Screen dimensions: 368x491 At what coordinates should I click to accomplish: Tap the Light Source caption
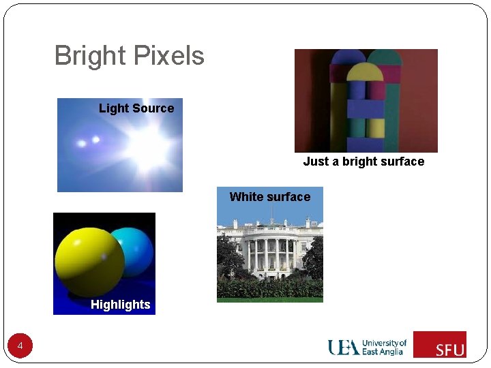click(136, 108)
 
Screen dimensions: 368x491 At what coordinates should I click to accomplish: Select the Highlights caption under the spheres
click(120, 305)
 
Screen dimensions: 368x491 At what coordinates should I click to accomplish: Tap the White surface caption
click(269, 197)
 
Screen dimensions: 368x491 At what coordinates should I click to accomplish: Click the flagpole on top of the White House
click(270, 213)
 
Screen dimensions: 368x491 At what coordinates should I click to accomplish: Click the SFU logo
click(440, 344)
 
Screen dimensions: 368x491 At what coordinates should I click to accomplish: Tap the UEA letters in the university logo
click(344, 348)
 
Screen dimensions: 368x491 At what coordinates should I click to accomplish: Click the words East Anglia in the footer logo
click(383, 352)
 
